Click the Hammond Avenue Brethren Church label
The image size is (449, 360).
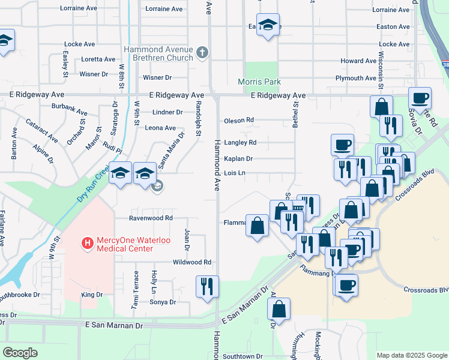(158, 53)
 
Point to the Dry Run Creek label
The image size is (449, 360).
(92, 184)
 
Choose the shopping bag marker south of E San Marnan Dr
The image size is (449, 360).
(279, 308)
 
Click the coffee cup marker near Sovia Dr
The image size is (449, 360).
(420, 97)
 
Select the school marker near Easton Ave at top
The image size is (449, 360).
(268, 25)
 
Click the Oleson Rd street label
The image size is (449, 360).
(239, 121)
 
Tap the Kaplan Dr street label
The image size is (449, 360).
(238, 159)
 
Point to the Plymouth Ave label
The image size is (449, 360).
(355, 78)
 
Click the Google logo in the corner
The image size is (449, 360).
(20, 352)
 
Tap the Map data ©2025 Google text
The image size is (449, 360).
(411, 355)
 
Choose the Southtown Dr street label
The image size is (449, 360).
(243, 356)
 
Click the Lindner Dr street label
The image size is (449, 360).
(167, 112)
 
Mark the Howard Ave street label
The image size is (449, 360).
(358, 61)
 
